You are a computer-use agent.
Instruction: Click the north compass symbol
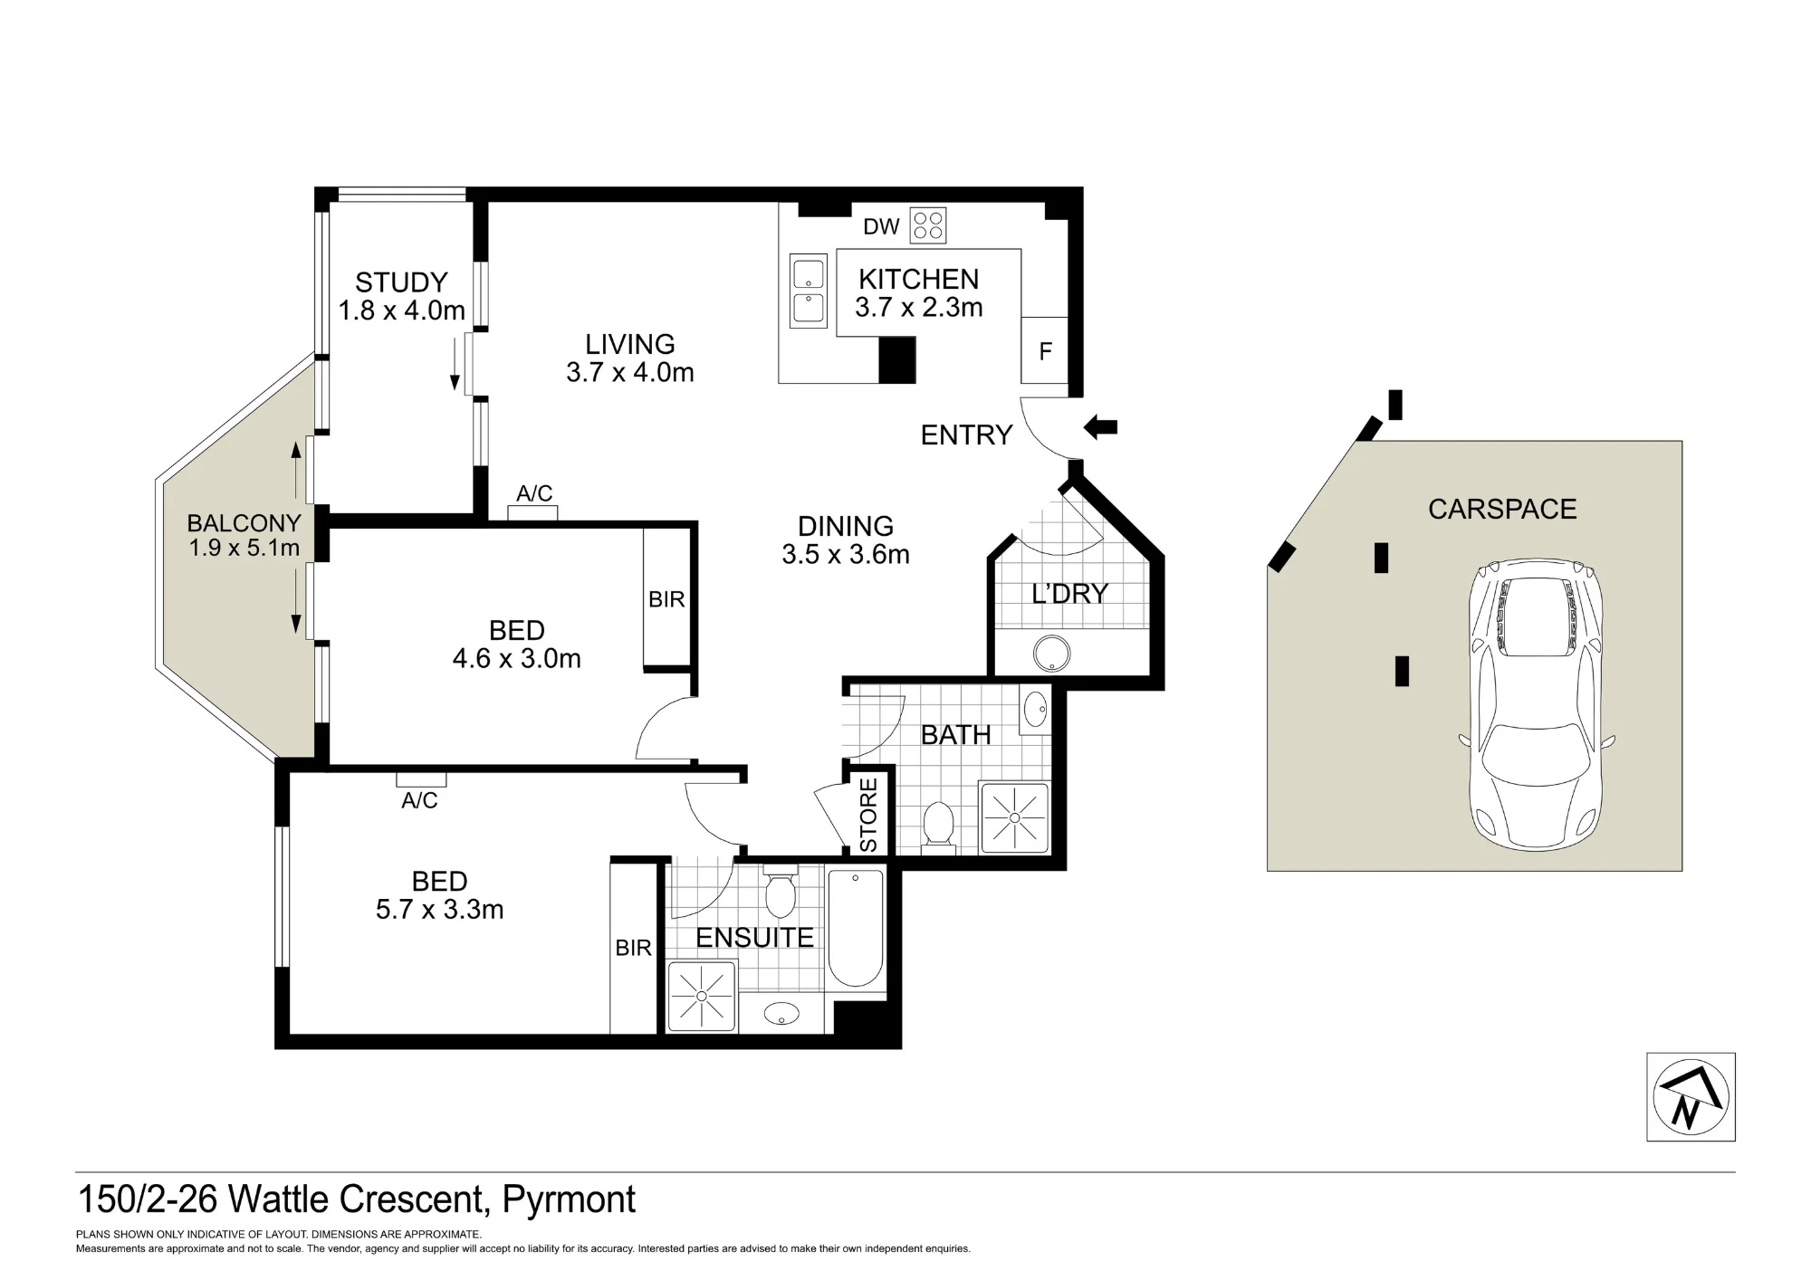click(1691, 1096)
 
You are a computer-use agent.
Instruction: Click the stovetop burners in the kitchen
click(928, 225)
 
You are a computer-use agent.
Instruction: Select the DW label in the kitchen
click(881, 226)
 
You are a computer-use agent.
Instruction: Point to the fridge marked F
click(1045, 350)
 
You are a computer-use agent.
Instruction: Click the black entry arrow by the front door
click(1101, 426)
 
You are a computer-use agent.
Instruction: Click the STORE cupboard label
click(868, 815)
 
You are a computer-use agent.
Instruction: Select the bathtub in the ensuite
click(856, 928)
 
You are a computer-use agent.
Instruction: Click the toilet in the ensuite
click(780, 891)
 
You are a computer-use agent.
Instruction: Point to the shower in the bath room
click(1014, 818)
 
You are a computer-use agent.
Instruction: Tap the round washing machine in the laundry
click(1052, 653)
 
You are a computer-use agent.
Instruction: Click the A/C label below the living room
click(534, 493)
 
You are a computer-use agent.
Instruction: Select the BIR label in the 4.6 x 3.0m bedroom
click(666, 599)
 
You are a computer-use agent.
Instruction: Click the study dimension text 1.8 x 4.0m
click(402, 310)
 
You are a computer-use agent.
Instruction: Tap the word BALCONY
click(244, 522)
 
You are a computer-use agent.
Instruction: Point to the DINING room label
click(846, 526)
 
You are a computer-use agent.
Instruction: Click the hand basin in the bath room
click(1035, 711)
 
